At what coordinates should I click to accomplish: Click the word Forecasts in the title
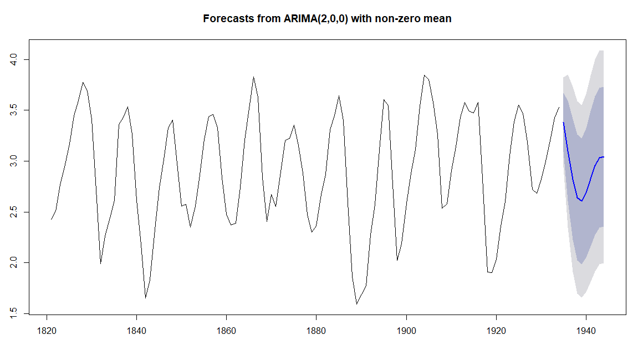(x=227, y=18)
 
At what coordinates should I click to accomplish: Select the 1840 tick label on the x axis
(x=136, y=331)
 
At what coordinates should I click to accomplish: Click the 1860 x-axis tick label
(x=226, y=331)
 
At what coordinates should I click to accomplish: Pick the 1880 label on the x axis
(x=316, y=331)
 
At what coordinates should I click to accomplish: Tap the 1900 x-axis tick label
(x=406, y=331)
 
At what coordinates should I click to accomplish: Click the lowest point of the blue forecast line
(x=581, y=201)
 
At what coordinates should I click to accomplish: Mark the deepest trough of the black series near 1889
(x=357, y=304)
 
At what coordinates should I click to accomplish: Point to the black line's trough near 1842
(x=146, y=298)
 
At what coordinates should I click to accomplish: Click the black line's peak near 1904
(x=424, y=75)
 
